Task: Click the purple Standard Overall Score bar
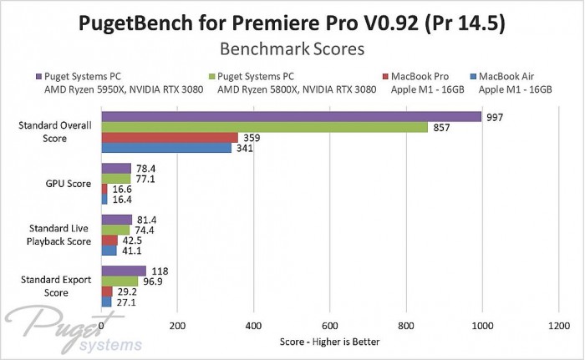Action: click(x=291, y=117)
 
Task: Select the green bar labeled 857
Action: click(x=264, y=128)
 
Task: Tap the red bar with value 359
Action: click(x=170, y=138)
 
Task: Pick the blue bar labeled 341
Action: click(x=166, y=149)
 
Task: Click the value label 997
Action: click(x=495, y=117)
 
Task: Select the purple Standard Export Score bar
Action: click(x=124, y=271)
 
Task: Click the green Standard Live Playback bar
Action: click(x=115, y=230)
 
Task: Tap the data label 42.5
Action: click(x=132, y=240)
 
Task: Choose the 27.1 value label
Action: click(x=126, y=302)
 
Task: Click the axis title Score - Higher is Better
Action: click(x=329, y=342)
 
